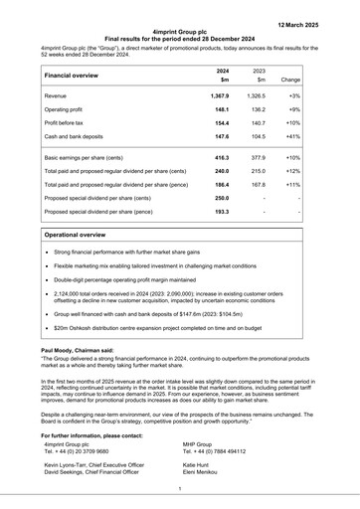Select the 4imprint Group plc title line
180,32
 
